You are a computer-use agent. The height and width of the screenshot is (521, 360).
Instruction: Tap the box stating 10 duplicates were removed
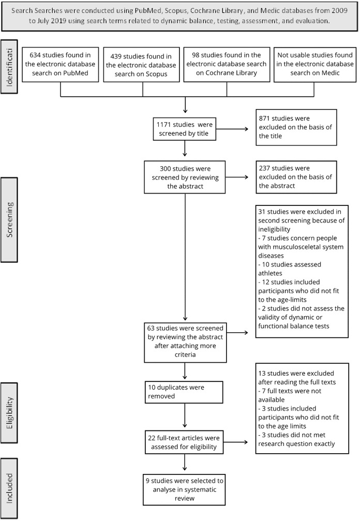pyautogui.click(x=185, y=392)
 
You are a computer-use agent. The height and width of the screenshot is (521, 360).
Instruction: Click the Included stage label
pyautogui.click(x=10, y=488)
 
